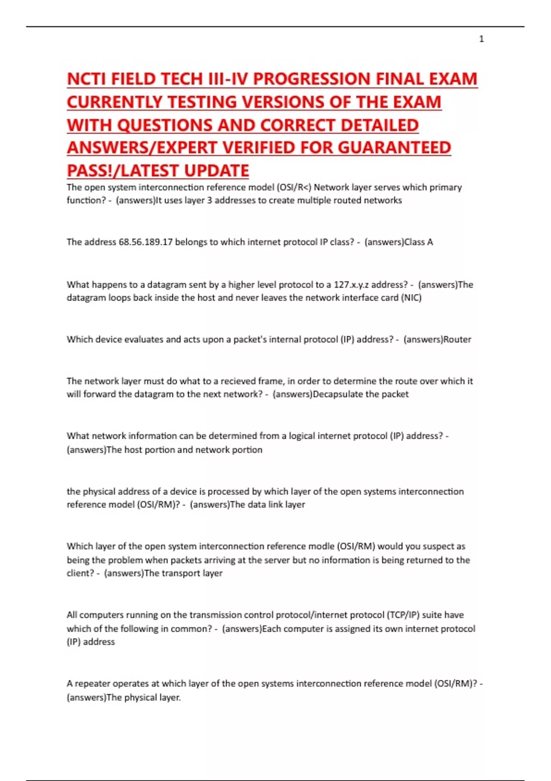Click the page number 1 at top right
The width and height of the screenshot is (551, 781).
click(481, 39)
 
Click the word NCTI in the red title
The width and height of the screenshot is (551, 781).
click(87, 79)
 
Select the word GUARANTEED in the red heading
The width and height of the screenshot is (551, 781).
click(394, 147)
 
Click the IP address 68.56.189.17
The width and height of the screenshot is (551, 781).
click(146, 242)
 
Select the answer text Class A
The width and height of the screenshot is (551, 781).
click(418, 242)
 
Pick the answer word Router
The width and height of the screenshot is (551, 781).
click(457, 340)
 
